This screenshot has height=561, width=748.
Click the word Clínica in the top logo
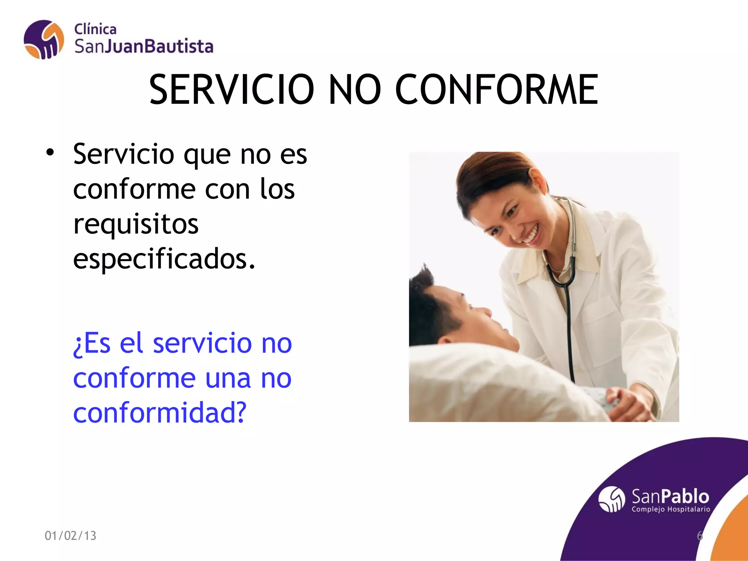click(95, 29)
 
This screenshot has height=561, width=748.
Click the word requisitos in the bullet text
click(136, 224)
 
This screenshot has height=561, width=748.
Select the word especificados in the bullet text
click(164, 259)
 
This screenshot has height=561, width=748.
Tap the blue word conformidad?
click(160, 412)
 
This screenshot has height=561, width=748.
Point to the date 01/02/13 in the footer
click(70, 535)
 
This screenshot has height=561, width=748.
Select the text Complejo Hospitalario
click(671, 509)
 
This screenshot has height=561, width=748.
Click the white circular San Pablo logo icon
click(612, 499)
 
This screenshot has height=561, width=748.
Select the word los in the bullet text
click(277, 189)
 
